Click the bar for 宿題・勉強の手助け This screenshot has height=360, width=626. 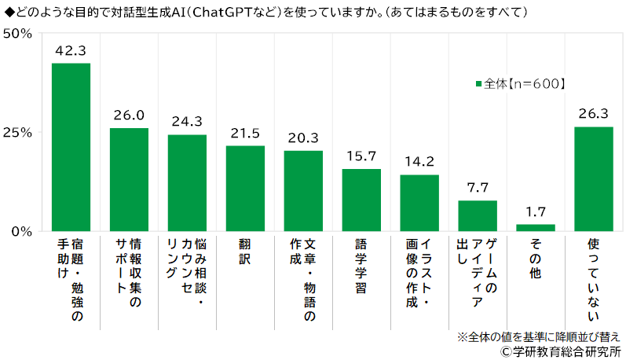[x=71, y=147]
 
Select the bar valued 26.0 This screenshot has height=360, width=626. [x=129, y=179]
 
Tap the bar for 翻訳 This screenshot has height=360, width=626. [x=245, y=189]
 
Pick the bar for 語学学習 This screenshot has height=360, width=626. [x=361, y=200]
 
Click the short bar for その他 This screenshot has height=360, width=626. [x=536, y=227]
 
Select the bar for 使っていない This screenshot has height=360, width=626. [x=594, y=178]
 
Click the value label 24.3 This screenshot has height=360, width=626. [x=187, y=122]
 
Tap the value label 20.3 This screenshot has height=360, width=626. [x=303, y=138]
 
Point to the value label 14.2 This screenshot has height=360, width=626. [x=419, y=162]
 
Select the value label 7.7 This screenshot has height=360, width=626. [x=478, y=188]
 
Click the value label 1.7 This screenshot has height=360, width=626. [x=536, y=211]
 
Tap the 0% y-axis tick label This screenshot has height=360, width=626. [x=21, y=231]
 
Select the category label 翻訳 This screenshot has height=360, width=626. [x=245, y=252]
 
